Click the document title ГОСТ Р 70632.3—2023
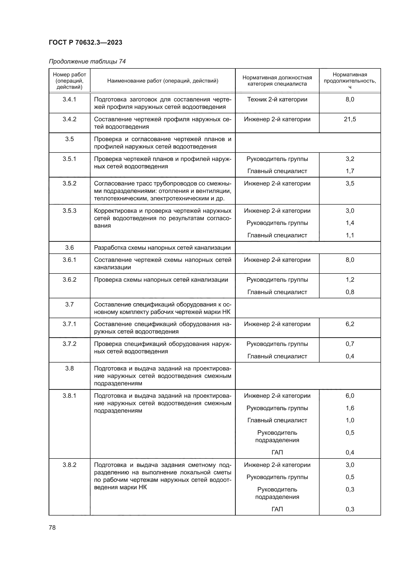pyautogui.click(x=85, y=42)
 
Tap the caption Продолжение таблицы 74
pyautogui.click(x=87, y=61)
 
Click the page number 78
pyautogui.click(x=52, y=527)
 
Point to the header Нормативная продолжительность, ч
pyautogui.click(x=350, y=81)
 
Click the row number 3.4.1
pyautogui.click(x=69, y=99)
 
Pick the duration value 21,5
pyautogui.click(x=350, y=119)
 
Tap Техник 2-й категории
pyautogui.click(x=277, y=99)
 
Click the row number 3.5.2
pyautogui.click(x=69, y=183)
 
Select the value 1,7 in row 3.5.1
pyautogui.click(x=350, y=171)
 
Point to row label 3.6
pyautogui.click(x=69, y=247)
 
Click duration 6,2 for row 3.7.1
pyautogui.click(x=350, y=324)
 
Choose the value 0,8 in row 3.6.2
pyautogui.click(x=350, y=292)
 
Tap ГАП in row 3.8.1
pyautogui.click(x=277, y=453)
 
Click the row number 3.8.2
pyautogui.click(x=69, y=465)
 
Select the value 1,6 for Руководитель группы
pyautogui.click(x=350, y=408)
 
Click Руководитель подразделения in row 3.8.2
pyautogui.click(x=277, y=493)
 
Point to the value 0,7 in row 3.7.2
pyautogui.click(x=350, y=344)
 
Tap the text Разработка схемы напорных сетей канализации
pyautogui.click(x=162, y=247)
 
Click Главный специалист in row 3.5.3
pyautogui.click(x=277, y=235)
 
